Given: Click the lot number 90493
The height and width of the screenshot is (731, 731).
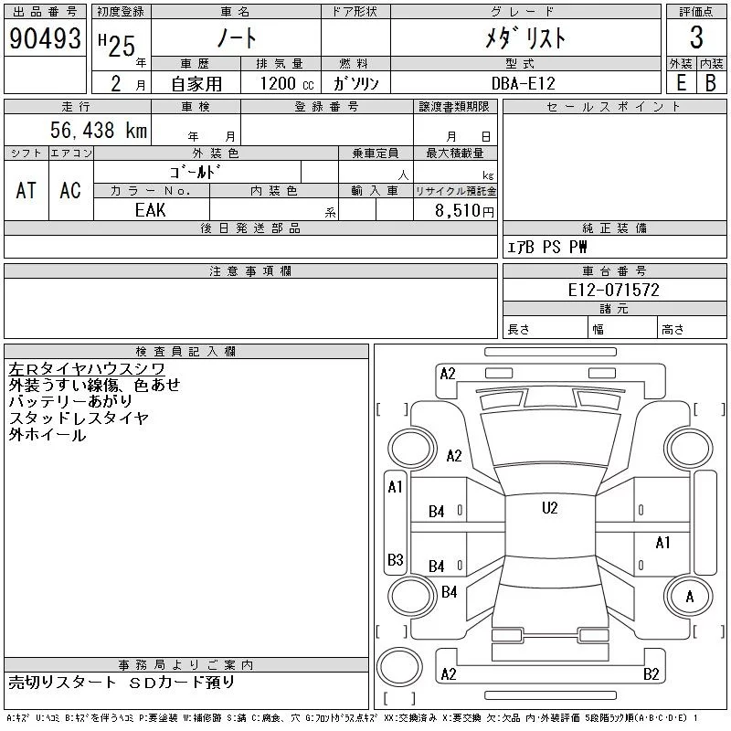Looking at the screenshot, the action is click(45, 37).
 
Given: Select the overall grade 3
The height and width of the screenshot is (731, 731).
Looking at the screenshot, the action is click(696, 37).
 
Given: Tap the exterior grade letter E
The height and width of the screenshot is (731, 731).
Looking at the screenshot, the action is click(681, 82).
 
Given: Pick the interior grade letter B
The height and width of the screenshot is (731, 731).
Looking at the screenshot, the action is click(711, 82).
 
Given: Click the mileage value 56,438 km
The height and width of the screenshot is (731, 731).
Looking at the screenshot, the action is click(99, 130).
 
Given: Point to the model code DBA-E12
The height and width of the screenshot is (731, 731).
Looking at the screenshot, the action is click(523, 83).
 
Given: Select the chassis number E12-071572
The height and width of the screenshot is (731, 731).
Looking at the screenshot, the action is click(613, 290).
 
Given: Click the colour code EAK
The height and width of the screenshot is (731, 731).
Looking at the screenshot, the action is click(150, 210).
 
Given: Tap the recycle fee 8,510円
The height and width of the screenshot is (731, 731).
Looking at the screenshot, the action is click(464, 210).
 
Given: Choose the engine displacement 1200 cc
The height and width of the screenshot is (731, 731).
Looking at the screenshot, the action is click(287, 83).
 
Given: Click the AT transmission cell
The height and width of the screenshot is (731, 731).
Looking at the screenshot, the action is click(26, 190).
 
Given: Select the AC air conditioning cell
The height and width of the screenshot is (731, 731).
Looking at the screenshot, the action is click(70, 190).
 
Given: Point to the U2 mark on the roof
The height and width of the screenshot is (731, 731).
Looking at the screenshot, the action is click(550, 507).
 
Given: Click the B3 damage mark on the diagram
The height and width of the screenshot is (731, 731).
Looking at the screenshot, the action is click(396, 559).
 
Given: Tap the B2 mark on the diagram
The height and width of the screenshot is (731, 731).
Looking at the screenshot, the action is click(651, 673).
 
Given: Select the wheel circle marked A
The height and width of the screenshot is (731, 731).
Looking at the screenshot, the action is click(689, 597).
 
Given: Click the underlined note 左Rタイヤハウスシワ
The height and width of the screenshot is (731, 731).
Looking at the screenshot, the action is click(87, 369).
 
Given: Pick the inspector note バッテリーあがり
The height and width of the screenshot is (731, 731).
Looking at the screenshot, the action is click(70, 401).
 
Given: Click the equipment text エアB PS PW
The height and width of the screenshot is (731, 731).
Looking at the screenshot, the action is click(546, 247).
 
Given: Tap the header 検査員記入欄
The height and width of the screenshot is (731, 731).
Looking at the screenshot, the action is click(185, 352).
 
